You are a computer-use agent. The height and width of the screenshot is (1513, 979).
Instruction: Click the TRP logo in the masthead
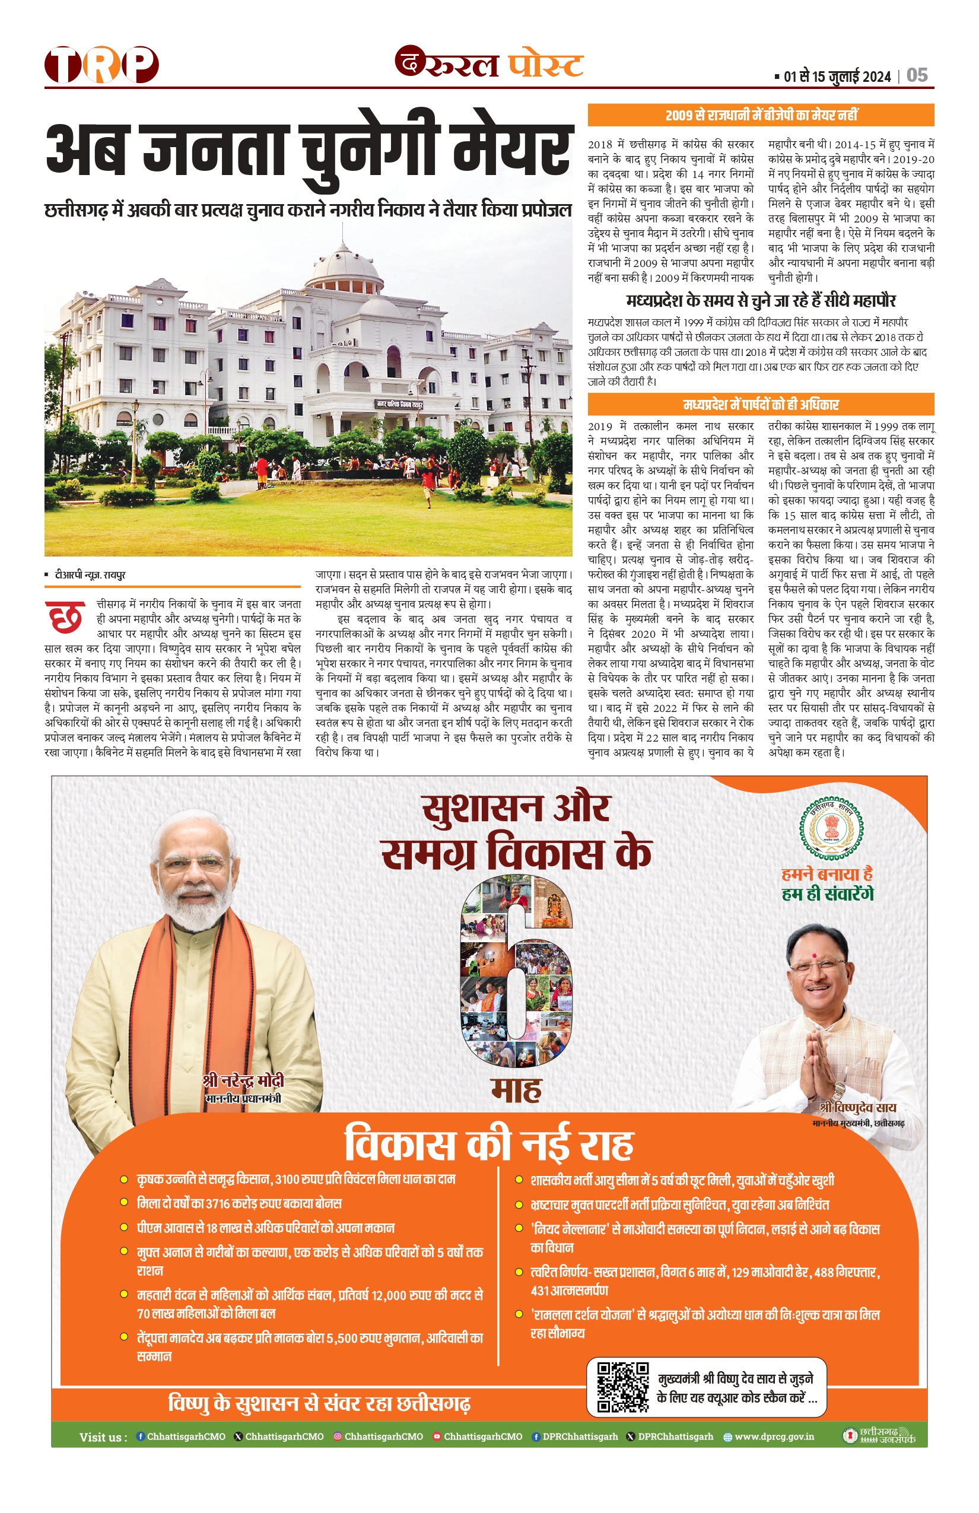(101, 65)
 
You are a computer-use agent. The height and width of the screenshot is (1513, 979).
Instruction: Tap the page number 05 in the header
(917, 76)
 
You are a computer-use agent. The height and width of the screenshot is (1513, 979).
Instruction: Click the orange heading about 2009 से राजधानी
(760, 115)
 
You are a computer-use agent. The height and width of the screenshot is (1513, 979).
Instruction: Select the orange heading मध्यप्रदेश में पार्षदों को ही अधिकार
(760, 404)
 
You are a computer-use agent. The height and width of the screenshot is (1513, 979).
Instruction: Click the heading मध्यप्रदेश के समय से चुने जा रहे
(760, 301)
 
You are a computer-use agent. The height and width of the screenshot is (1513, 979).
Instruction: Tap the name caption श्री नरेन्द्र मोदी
(243, 1080)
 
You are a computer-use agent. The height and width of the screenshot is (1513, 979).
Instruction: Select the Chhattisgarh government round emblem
(831, 828)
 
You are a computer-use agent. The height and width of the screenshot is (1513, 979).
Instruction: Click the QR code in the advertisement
(622, 1387)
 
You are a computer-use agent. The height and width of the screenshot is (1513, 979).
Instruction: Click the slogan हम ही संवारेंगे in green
(828, 895)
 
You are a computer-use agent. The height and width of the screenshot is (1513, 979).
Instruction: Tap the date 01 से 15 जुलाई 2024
(837, 77)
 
